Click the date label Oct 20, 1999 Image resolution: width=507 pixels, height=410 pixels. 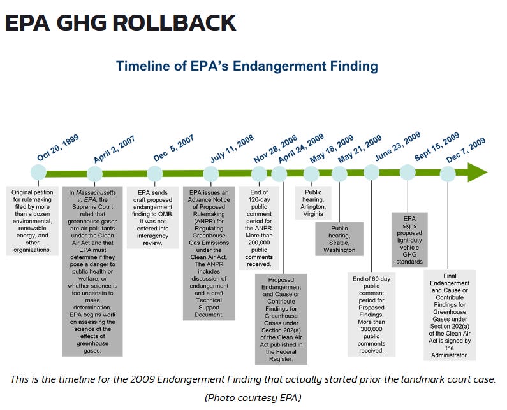pos(58,148)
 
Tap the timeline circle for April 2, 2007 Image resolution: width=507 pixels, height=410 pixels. pos(95,174)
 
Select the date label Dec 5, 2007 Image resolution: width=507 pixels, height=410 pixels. pos(173,148)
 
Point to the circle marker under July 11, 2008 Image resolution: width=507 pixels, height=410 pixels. pos(211,174)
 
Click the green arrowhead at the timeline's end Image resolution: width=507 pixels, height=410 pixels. pos(477,173)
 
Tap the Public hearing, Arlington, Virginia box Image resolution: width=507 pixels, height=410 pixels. pos(313,202)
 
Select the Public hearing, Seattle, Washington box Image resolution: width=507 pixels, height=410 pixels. pos(339,239)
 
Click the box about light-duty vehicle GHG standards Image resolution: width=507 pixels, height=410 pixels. pos(409,240)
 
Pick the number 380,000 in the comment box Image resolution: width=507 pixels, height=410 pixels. pos(371,329)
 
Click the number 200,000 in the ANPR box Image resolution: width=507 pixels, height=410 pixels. pos(259,243)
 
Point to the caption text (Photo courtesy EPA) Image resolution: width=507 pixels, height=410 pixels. pos(253,397)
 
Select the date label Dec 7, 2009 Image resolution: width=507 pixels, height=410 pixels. pos(466,150)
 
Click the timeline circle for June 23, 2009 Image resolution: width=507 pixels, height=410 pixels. pos(372,172)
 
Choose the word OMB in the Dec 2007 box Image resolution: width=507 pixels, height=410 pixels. pos(165,214)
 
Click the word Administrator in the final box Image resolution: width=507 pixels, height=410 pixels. pos(449,355)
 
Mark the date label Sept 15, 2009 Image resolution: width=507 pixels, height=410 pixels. pos(437,146)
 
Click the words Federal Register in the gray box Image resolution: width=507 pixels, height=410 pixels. pos(281,355)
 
